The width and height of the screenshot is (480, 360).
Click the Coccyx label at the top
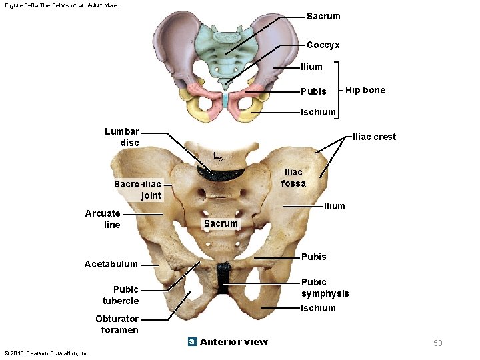[323, 45]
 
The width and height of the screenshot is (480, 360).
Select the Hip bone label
[365, 90]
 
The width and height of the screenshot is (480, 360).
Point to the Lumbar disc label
[121, 137]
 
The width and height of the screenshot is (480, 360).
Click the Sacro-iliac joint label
[137, 189]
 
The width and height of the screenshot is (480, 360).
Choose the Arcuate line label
[103, 219]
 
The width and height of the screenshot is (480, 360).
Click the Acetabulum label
[111, 264]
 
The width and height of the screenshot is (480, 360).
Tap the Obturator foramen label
[117, 324]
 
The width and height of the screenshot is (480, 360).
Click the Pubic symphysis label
[325, 287]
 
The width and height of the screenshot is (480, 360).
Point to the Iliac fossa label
[293, 177]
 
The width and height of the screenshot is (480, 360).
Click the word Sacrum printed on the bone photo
[221, 223]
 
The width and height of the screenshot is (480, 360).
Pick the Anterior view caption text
[233, 342]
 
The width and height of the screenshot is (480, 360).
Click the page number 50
[437, 343]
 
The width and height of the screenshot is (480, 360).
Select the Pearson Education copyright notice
[47, 353]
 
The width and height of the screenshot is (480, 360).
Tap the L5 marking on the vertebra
[218, 157]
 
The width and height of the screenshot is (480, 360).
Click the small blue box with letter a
[191, 342]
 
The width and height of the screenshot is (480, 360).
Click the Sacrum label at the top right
[323, 16]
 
